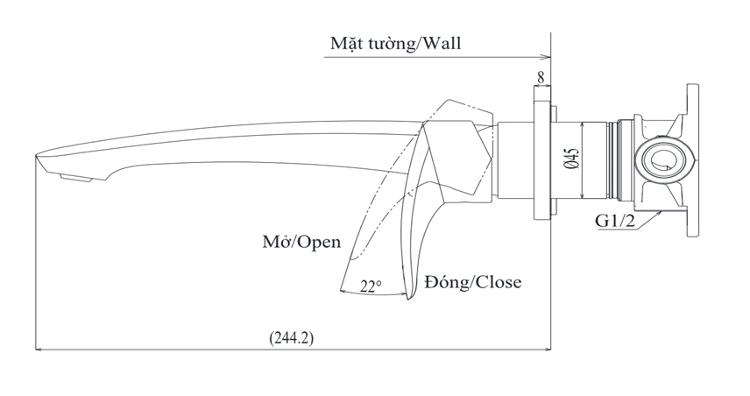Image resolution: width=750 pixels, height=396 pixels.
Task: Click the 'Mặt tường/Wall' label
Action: click(395, 43)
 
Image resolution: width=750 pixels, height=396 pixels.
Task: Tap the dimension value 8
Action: click(541, 78)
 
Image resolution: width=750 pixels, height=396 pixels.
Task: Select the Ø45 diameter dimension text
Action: click(570, 158)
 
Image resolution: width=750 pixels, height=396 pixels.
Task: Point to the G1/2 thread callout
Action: click(615, 221)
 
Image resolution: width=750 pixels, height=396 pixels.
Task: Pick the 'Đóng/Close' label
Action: click(472, 282)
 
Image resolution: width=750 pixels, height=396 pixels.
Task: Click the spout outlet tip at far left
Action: click(38, 158)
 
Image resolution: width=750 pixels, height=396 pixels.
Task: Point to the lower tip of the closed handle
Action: click(409, 300)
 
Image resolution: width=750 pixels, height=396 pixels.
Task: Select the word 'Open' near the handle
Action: click(319, 242)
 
